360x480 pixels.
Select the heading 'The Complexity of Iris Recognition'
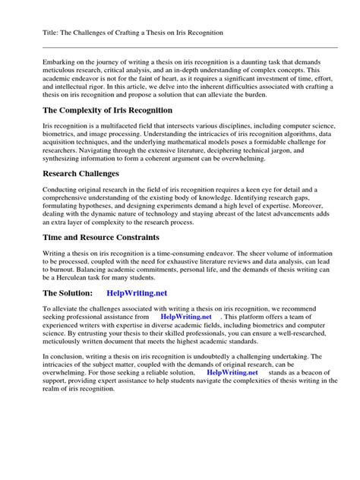(x=108, y=111)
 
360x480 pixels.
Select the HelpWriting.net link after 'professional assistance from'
(x=187, y=318)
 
